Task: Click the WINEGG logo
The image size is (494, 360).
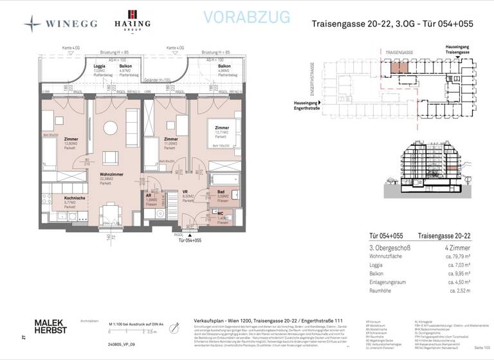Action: tap(62, 24)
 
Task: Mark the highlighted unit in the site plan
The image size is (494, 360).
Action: tap(399, 66)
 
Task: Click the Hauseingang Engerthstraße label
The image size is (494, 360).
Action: tap(310, 105)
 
